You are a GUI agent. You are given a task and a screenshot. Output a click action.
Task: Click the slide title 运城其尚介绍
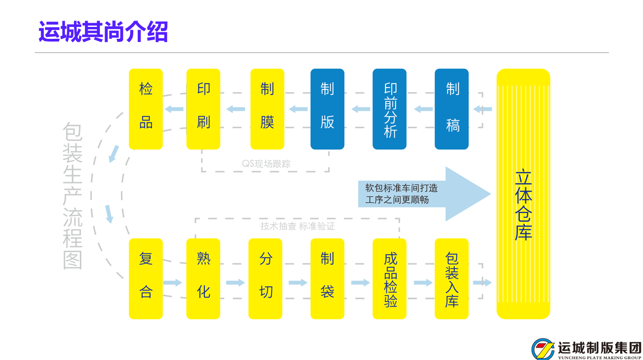pos(103,31)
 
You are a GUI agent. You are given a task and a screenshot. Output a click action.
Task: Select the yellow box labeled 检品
pos(146,109)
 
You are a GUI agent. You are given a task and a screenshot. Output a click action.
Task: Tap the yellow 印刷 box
pos(203,109)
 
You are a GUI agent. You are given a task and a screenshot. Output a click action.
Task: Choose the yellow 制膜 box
pos(267,109)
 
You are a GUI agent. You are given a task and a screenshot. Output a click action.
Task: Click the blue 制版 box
pos(327,109)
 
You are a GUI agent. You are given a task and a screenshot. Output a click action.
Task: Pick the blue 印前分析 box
pos(389,109)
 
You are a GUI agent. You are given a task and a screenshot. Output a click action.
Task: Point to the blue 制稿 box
pos(451,109)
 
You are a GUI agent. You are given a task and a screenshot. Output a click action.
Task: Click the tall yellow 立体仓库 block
pos(523,193)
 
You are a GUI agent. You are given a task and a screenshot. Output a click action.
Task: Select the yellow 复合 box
pos(146,278)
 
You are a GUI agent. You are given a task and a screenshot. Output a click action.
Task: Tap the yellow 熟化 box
pos(203,278)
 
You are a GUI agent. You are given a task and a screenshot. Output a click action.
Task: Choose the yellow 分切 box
pos(265,278)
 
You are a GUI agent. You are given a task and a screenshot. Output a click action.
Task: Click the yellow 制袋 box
pos(327,278)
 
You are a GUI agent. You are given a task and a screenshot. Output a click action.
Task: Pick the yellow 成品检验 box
pos(389,278)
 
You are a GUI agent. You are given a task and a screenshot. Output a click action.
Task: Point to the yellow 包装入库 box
pos(451,278)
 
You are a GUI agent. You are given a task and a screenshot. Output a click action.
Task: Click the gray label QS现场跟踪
pos(266,164)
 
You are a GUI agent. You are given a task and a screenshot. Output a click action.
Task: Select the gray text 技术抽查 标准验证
pos(298,226)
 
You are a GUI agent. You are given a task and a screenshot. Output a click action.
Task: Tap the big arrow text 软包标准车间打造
pos(401,188)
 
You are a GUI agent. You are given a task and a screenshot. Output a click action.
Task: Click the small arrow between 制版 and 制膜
pos(298,109)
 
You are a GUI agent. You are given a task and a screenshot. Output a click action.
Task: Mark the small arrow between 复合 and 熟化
pos(173,282)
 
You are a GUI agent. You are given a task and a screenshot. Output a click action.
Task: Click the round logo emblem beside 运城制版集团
pos(543,349)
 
